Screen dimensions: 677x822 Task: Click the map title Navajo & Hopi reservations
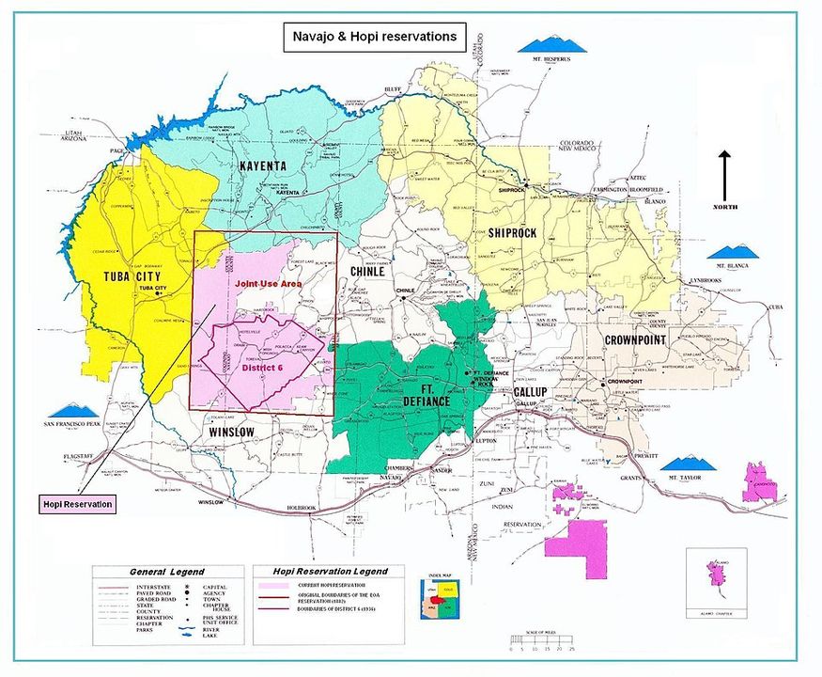374,37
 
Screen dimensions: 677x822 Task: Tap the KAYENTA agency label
262,166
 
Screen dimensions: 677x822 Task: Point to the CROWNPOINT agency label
635,338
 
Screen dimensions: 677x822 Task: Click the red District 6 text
263,368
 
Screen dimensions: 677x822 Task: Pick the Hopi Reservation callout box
77,504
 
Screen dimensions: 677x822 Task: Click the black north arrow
725,176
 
